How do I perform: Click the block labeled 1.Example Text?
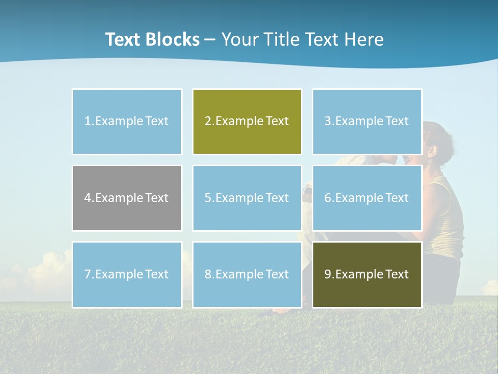pyautogui.click(x=127, y=122)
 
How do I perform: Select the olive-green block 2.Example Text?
pyautogui.click(x=247, y=122)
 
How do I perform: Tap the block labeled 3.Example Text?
pyautogui.click(x=367, y=122)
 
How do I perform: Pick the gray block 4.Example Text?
pyautogui.click(x=127, y=198)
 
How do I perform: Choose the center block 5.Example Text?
pyautogui.click(x=247, y=198)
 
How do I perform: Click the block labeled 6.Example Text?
pyautogui.click(x=367, y=198)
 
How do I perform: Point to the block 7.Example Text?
pyautogui.click(x=127, y=274)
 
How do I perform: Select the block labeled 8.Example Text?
pyautogui.click(x=247, y=274)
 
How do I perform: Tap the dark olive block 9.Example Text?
pyautogui.click(x=367, y=274)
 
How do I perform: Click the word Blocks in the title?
pyautogui.click(x=173, y=39)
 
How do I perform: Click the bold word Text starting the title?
pyautogui.click(x=123, y=39)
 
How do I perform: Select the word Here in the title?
pyautogui.click(x=365, y=39)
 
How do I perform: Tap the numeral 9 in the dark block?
pyautogui.click(x=328, y=274)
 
